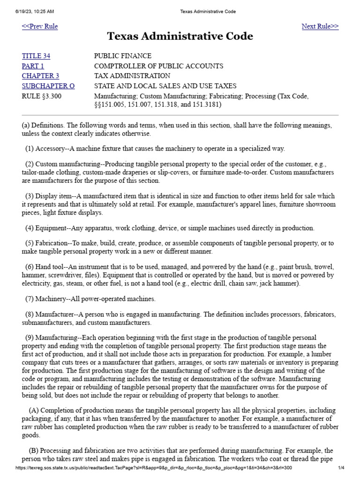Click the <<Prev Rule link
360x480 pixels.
click(x=40, y=26)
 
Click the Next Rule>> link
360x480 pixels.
click(x=320, y=26)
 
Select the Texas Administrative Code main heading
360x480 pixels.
click(x=180, y=37)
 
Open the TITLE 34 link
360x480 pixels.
click(x=36, y=56)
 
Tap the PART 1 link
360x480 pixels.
click(x=33, y=66)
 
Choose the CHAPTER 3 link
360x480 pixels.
click(x=40, y=76)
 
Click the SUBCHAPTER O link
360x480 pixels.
click(x=48, y=86)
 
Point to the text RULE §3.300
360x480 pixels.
click(x=41, y=96)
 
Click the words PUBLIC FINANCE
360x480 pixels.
click(x=123, y=56)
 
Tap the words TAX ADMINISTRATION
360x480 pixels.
click(x=132, y=76)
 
